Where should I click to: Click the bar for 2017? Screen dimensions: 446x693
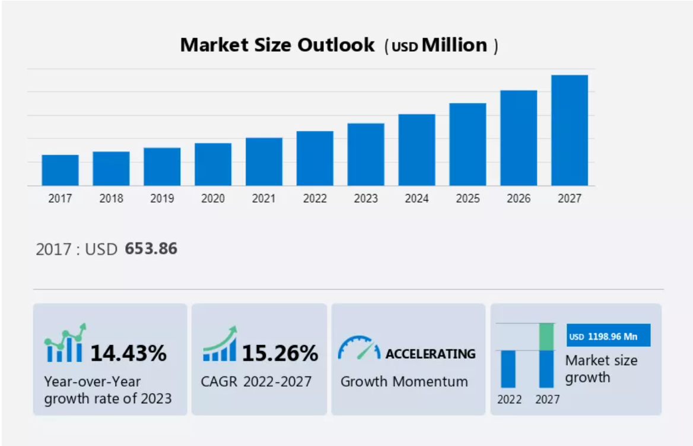(60, 170)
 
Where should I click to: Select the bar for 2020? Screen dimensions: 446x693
(213, 164)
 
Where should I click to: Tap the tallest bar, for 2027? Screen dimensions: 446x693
(570, 130)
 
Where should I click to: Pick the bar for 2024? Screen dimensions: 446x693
(417, 150)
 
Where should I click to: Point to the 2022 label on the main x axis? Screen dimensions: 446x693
(315, 199)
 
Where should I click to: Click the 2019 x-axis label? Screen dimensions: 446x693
(162, 199)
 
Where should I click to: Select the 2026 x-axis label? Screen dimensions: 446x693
(519, 199)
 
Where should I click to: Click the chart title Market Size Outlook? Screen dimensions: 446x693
(278, 45)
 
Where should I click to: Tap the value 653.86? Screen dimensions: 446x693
(151, 249)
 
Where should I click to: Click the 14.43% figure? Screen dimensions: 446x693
(128, 353)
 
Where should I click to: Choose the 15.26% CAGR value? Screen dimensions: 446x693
(280, 353)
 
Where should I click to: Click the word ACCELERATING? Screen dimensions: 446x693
(430, 354)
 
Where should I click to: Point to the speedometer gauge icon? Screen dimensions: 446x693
(359, 348)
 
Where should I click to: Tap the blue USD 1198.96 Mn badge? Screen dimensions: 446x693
(608, 336)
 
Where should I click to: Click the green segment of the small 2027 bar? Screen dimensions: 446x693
(546, 337)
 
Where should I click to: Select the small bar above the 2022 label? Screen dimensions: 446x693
(508, 369)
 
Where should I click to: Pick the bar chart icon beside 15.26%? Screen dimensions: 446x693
(220, 344)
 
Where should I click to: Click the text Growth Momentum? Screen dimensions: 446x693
(404, 381)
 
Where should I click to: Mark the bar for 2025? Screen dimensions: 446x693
(468, 144)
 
